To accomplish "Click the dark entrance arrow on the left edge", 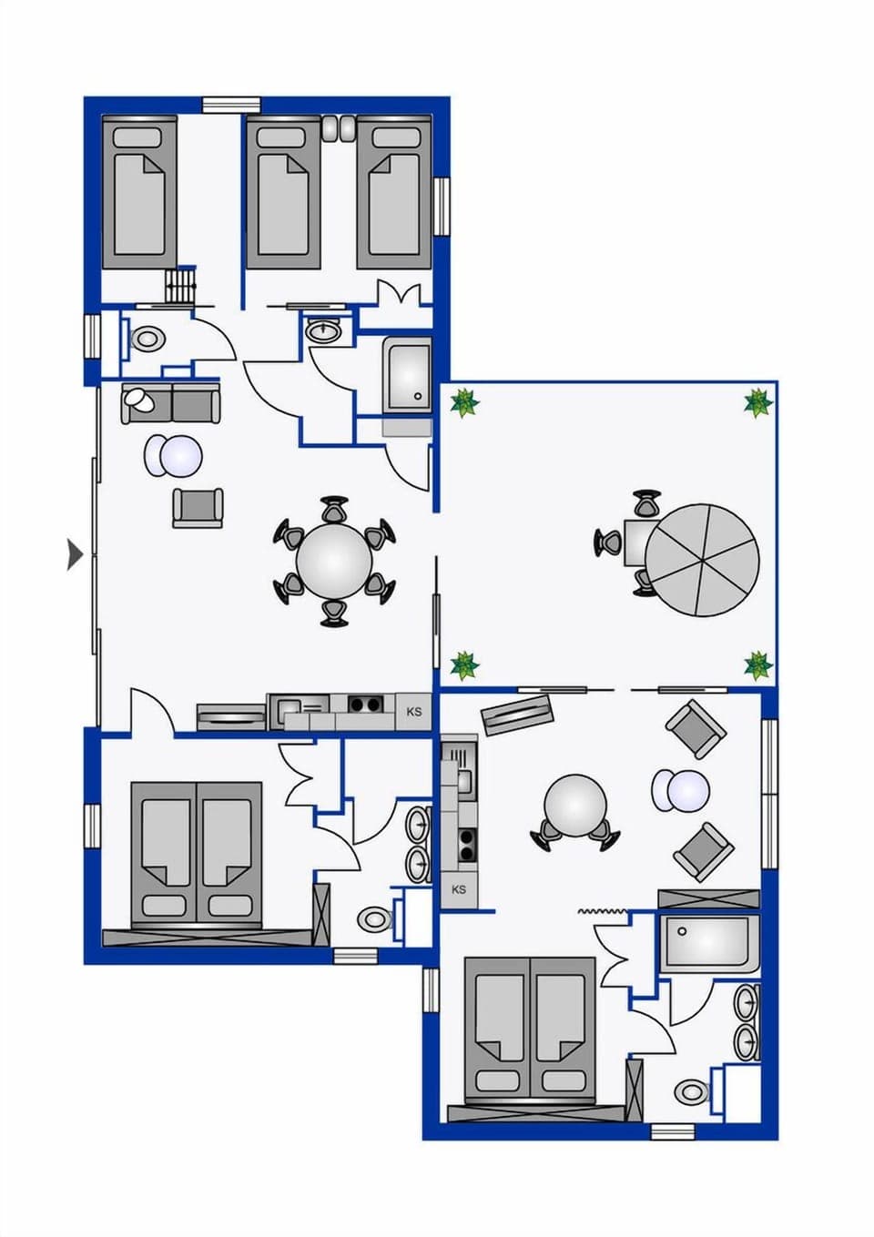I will point(76,553).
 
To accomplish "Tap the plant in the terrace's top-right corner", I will point(757,401).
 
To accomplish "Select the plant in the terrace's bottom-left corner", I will point(465,664).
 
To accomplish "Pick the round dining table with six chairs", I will point(334,562).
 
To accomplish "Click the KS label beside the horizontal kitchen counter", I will point(414,712).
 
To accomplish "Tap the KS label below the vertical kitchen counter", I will point(459,889).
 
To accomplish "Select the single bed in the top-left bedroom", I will point(138,193).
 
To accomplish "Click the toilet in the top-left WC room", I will point(146,340).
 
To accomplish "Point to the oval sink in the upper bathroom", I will point(322,330).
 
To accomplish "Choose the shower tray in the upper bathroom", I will point(407,375).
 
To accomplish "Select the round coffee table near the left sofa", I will point(173,456).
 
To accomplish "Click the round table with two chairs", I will point(574,805).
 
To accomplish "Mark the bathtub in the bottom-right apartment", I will point(709,942).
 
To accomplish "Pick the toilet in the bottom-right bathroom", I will point(691,1090).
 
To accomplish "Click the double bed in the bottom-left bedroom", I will point(197,849).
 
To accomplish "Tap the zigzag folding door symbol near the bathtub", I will point(603,910).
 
